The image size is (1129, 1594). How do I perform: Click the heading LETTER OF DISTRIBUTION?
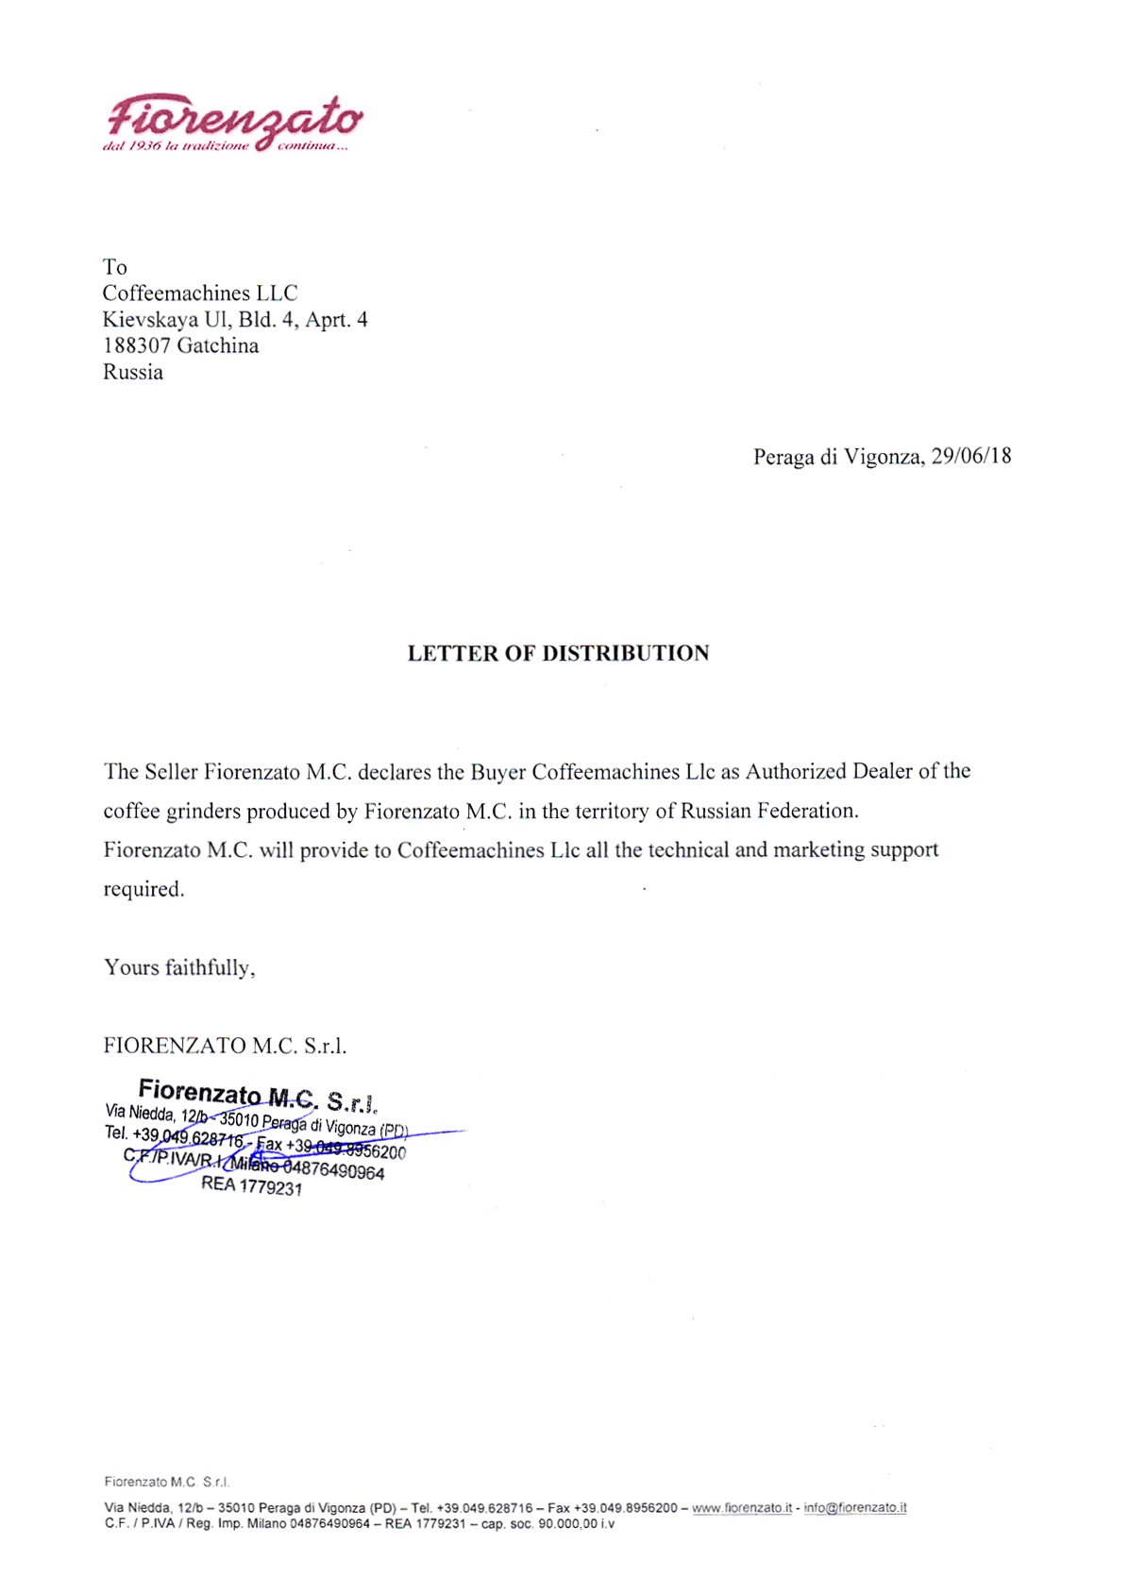click(558, 653)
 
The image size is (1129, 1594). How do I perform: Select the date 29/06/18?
click(971, 456)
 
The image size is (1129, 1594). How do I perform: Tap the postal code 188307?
click(136, 345)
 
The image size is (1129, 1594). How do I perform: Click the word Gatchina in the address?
click(218, 345)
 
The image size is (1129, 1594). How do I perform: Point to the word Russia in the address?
click(133, 372)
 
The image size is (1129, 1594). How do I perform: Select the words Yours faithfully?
click(178, 967)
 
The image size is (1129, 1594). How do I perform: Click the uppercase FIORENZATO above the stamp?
click(175, 1046)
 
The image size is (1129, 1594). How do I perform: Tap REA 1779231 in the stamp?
click(251, 1185)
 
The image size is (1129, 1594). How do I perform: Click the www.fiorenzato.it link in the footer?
click(742, 1507)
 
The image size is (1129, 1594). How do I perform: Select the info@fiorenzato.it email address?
click(855, 1507)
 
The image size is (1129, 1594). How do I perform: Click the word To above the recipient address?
click(114, 267)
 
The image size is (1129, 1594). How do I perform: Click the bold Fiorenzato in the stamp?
click(199, 1092)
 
